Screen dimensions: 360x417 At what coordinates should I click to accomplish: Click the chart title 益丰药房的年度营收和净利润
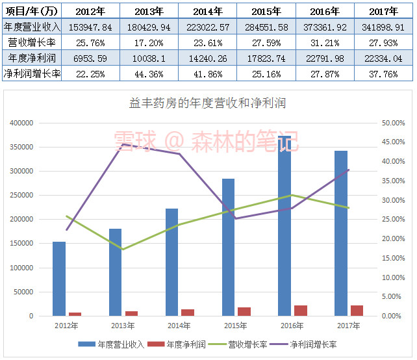point(208,103)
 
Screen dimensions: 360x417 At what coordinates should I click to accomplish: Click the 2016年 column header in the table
point(324,11)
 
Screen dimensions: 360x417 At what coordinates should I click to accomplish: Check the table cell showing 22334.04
point(383,58)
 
